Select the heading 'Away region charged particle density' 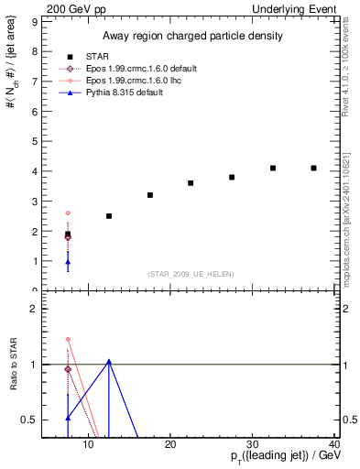(x=191, y=37)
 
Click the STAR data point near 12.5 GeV (x=109, y=216)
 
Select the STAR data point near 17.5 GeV (x=150, y=195)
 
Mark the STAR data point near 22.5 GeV (x=191, y=183)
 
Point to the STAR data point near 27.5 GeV (x=232, y=177)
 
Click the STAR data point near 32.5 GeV (x=273, y=168)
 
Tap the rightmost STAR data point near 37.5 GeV (x=314, y=168)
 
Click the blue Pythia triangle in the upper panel (x=68, y=263)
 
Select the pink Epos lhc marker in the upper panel (x=68, y=213)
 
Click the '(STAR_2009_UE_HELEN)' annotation (x=190, y=273)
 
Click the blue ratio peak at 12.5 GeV (x=109, y=361)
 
